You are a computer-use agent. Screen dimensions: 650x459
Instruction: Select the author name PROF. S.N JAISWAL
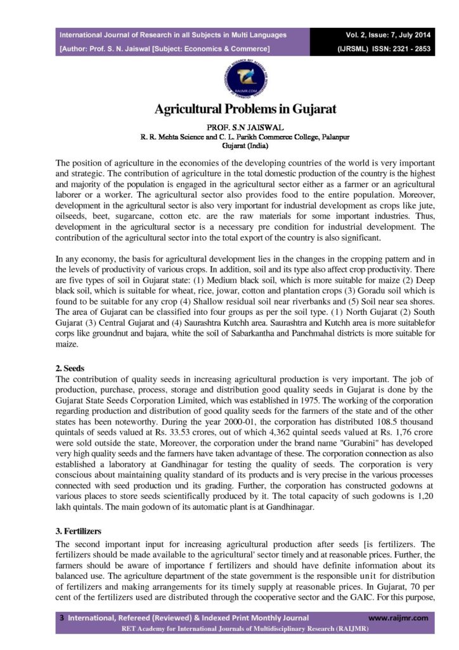pos(245,127)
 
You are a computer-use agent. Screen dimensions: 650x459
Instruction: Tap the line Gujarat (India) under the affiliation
pos(245,145)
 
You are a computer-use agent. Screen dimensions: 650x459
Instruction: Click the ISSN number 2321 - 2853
pos(403,48)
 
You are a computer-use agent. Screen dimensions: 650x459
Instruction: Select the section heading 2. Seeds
pos(65,368)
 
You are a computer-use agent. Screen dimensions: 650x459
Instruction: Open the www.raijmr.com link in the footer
pos(398,618)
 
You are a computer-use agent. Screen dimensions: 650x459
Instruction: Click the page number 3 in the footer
pos(61,618)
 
